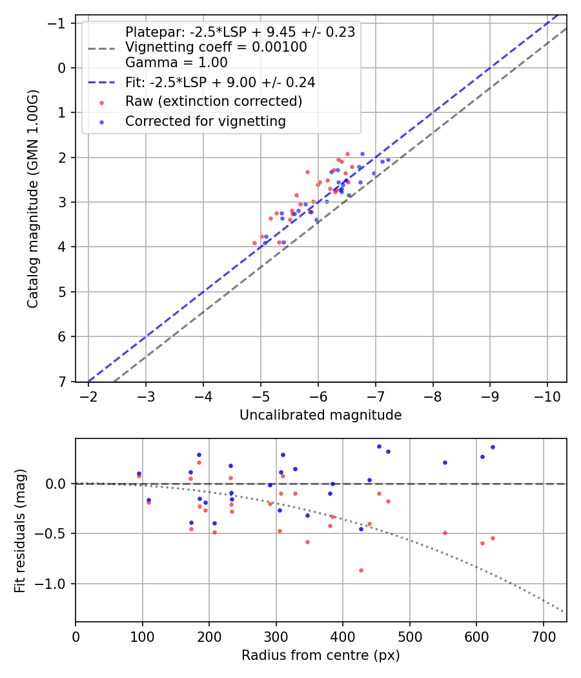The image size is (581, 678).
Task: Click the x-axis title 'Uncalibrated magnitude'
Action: pyautogui.click(x=320, y=415)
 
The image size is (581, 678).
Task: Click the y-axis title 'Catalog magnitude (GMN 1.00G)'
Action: pyautogui.click(x=33, y=199)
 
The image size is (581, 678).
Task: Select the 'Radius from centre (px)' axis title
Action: pyautogui.click(x=320, y=655)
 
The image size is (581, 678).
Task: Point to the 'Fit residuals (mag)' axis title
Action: pyautogui.click(x=20, y=530)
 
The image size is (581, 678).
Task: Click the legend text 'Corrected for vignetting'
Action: pyautogui.click(x=205, y=121)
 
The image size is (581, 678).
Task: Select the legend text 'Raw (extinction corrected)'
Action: pyautogui.click(x=214, y=101)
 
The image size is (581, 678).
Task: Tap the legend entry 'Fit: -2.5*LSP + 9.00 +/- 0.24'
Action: pyautogui.click(x=220, y=83)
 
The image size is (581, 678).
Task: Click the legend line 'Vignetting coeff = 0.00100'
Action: pyautogui.click(x=216, y=47)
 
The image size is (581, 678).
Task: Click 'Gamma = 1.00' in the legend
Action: pyautogui.click(x=176, y=63)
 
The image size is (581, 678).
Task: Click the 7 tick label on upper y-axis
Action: pyautogui.click(x=63, y=382)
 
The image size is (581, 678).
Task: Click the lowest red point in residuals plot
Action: pyautogui.click(x=361, y=570)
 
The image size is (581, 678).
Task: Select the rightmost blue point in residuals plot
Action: pyautogui.click(x=493, y=447)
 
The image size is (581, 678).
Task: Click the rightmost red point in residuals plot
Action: pyautogui.click(x=493, y=538)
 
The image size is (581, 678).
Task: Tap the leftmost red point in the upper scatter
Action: pyautogui.click(x=254, y=243)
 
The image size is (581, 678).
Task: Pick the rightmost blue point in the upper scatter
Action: pyautogui.click(x=388, y=159)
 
